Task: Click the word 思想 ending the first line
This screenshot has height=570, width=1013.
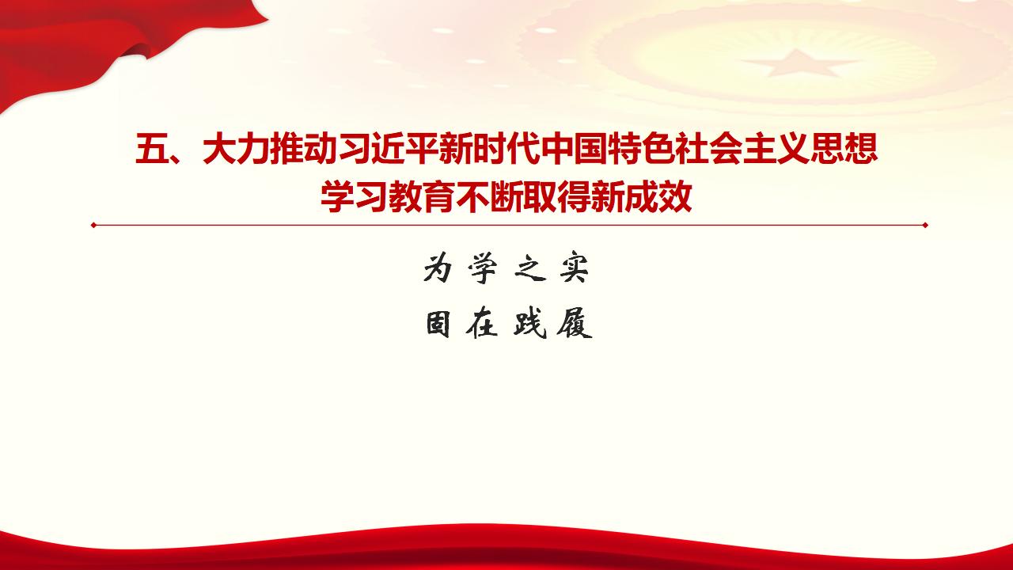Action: click(x=843, y=150)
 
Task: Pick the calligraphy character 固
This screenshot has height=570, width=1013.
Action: click(x=438, y=324)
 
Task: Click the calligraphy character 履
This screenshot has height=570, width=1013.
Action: click(x=575, y=324)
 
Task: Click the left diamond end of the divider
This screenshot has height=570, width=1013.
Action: click(x=93, y=225)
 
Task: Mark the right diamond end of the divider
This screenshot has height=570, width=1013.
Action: click(x=925, y=225)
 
